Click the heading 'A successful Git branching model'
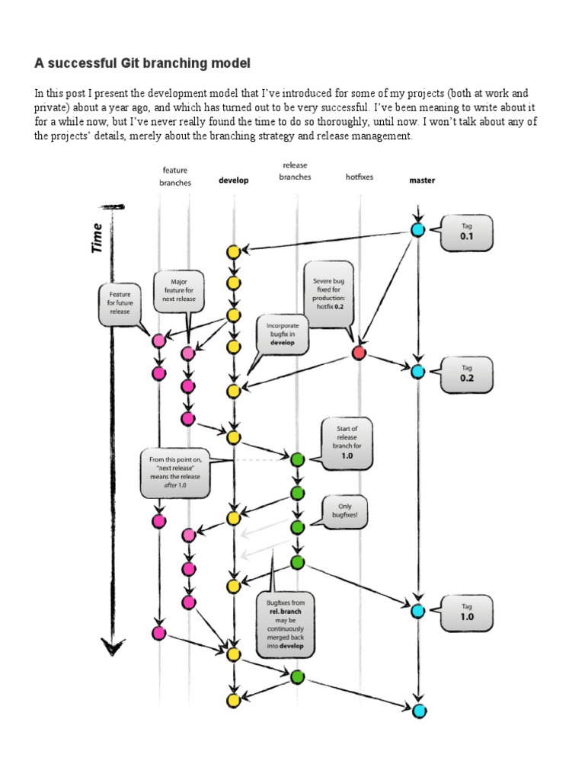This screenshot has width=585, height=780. coord(142,62)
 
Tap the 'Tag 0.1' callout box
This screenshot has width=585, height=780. coord(466,232)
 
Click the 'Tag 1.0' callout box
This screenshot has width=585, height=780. coord(466,611)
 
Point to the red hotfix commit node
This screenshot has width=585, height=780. coord(360,353)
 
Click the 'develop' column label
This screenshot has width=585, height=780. coord(234,181)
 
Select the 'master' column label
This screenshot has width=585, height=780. coord(422,181)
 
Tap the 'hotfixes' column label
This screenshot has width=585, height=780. coord(359,177)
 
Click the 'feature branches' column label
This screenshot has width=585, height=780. coord(175,176)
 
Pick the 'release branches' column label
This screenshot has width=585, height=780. coord(295,171)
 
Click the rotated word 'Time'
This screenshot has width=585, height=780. coord(97,238)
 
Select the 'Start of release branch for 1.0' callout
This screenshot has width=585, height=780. coord(347,443)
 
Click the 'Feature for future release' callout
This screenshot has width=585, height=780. coord(120,302)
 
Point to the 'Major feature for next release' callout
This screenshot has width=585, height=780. coord(179,290)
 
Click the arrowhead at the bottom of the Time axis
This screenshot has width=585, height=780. coord(113,649)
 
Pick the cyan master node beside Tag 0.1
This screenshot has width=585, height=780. coord(417,229)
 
